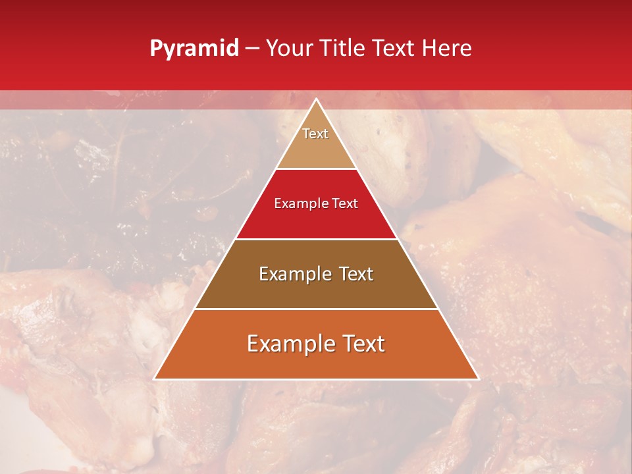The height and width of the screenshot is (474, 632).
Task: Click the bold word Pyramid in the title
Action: click(x=194, y=49)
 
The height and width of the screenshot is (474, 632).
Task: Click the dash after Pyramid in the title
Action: click(x=252, y=49)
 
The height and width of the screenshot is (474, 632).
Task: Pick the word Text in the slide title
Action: click(x=395, y=48)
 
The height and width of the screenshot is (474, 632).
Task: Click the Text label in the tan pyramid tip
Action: click(x=315, y=134)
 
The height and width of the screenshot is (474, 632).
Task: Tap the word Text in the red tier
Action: click(x=345, y=204)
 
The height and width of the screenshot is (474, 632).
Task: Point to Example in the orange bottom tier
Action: click(x=288, y=344)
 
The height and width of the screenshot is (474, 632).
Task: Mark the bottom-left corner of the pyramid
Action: click(x=155, y=379)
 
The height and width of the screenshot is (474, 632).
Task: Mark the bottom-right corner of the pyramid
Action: click(x=478, y=379)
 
